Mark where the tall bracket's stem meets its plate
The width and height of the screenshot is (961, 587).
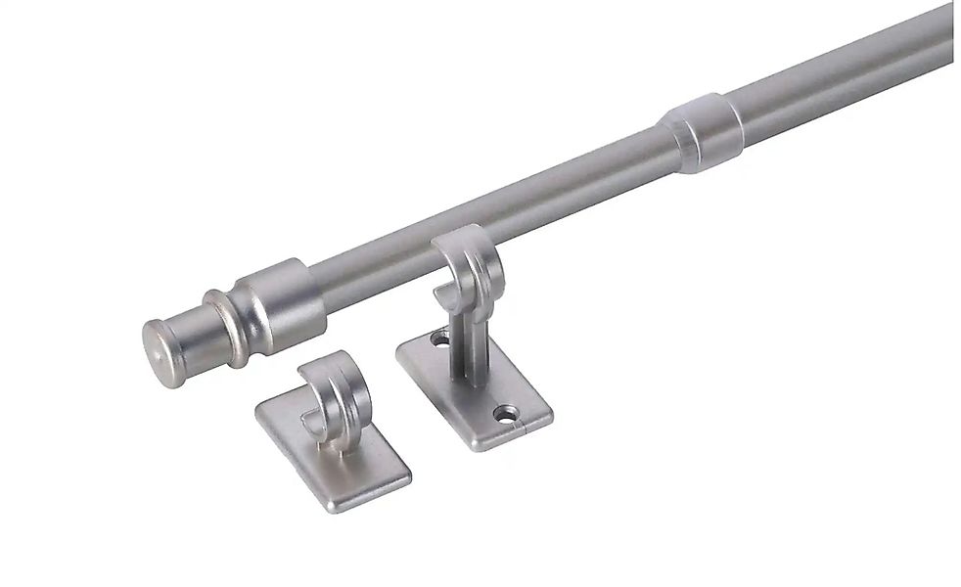click(467, 384)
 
